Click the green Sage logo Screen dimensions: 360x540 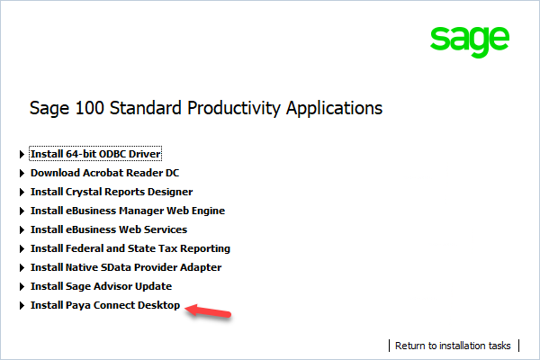[x=468, y=40]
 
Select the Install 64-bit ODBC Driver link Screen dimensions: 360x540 [x=95, y=154]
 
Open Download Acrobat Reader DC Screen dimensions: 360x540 [x=99, y=173]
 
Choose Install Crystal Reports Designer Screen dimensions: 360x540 [x=112, y=192]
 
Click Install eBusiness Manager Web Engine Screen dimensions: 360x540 [x=128, y=211]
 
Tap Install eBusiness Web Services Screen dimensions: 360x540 [x=109, y=229]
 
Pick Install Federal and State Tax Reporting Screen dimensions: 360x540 [x=130, y=248]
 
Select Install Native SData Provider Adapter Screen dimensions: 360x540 [x=126, y=267]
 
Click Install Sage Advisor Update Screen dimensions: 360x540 [x=101, y=286]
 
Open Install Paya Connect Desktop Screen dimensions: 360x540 [x=105, y=305]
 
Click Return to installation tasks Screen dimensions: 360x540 [x=453, y=346]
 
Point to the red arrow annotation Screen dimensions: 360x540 [x=209, y=311]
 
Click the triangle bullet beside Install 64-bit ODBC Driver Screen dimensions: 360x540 [x=22, y=154]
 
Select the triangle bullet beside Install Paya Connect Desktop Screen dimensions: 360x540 [x=22, y=306]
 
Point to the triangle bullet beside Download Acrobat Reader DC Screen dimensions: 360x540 [x=22, y=173]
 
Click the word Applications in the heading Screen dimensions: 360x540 [x=335, y=109]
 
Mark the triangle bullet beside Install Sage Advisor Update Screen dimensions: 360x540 [x=22, y=287]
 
